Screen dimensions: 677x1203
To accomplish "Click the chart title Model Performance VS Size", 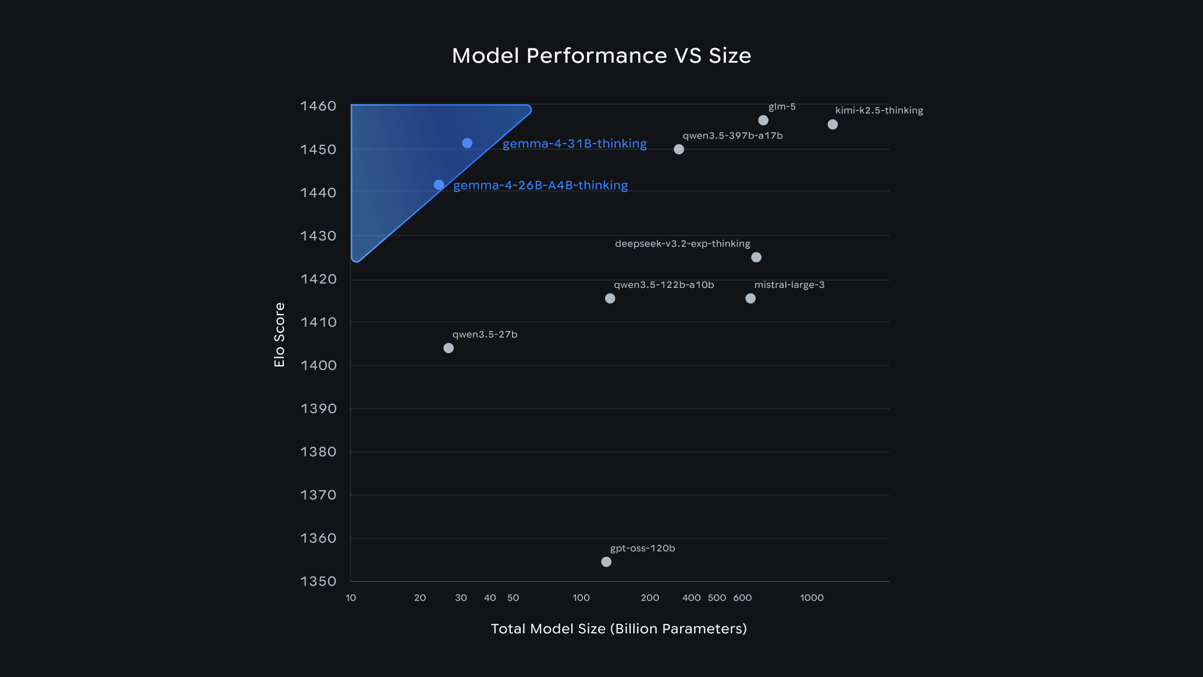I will [601, 56].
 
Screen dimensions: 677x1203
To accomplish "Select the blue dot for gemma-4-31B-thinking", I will [467, 143].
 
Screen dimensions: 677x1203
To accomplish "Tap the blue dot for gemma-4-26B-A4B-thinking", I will [439, 185].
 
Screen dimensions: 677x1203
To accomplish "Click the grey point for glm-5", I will [763, 120].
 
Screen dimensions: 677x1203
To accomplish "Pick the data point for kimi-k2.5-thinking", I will [832, 124].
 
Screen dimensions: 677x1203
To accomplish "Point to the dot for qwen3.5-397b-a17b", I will [679, 149].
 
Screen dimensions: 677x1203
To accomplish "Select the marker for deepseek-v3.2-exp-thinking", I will [756, 257].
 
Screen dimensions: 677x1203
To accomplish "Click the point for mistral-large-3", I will [750, 298].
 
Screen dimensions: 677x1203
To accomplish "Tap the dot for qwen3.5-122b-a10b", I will [610, 298].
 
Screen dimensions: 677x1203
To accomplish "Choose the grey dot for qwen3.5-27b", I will [449, 348].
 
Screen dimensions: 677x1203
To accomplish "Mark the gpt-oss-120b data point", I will [606, 562].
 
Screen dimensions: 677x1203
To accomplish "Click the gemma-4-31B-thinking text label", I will [574, 144].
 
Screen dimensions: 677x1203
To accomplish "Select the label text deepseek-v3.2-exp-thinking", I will [682, 244].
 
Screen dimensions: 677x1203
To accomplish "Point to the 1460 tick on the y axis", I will [318, 106].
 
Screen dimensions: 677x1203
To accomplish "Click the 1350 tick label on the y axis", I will [318, 581].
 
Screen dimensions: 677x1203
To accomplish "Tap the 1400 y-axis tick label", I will [318, 365].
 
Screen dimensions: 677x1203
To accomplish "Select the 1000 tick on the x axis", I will [812, 598].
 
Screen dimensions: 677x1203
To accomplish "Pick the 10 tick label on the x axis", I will [351, 598].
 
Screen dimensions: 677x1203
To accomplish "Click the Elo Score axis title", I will [279, 335].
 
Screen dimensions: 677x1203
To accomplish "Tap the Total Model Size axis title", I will [618, 629].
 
